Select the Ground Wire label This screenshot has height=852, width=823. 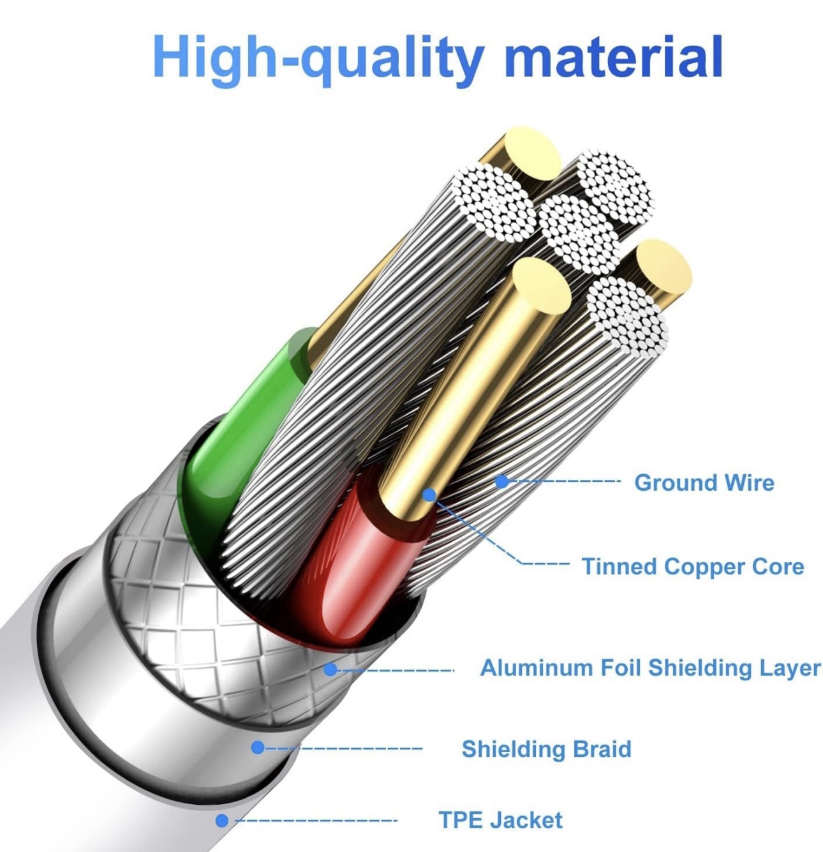(704, 482)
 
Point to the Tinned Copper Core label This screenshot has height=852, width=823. (692, 566)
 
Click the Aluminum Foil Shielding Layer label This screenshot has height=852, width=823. (650, 668)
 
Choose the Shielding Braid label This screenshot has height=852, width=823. (546, 749)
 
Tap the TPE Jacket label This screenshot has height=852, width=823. (501, 820)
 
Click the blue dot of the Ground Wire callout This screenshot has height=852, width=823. (503, 481)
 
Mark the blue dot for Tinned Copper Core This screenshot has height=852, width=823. (429, 495)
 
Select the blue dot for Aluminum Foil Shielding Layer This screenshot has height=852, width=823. (330, 669)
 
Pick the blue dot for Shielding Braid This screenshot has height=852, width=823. (258, 747)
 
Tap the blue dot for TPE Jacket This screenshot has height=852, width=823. (222, 821)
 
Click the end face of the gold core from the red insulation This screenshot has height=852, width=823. (542, 285)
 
